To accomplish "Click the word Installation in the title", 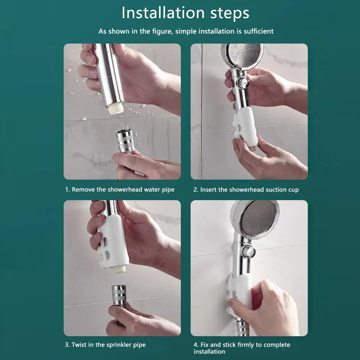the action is pos(163,13).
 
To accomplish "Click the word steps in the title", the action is pos(230,14).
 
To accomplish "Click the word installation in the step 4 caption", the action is pos(209,351).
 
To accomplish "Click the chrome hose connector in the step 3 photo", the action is pos(119,296).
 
